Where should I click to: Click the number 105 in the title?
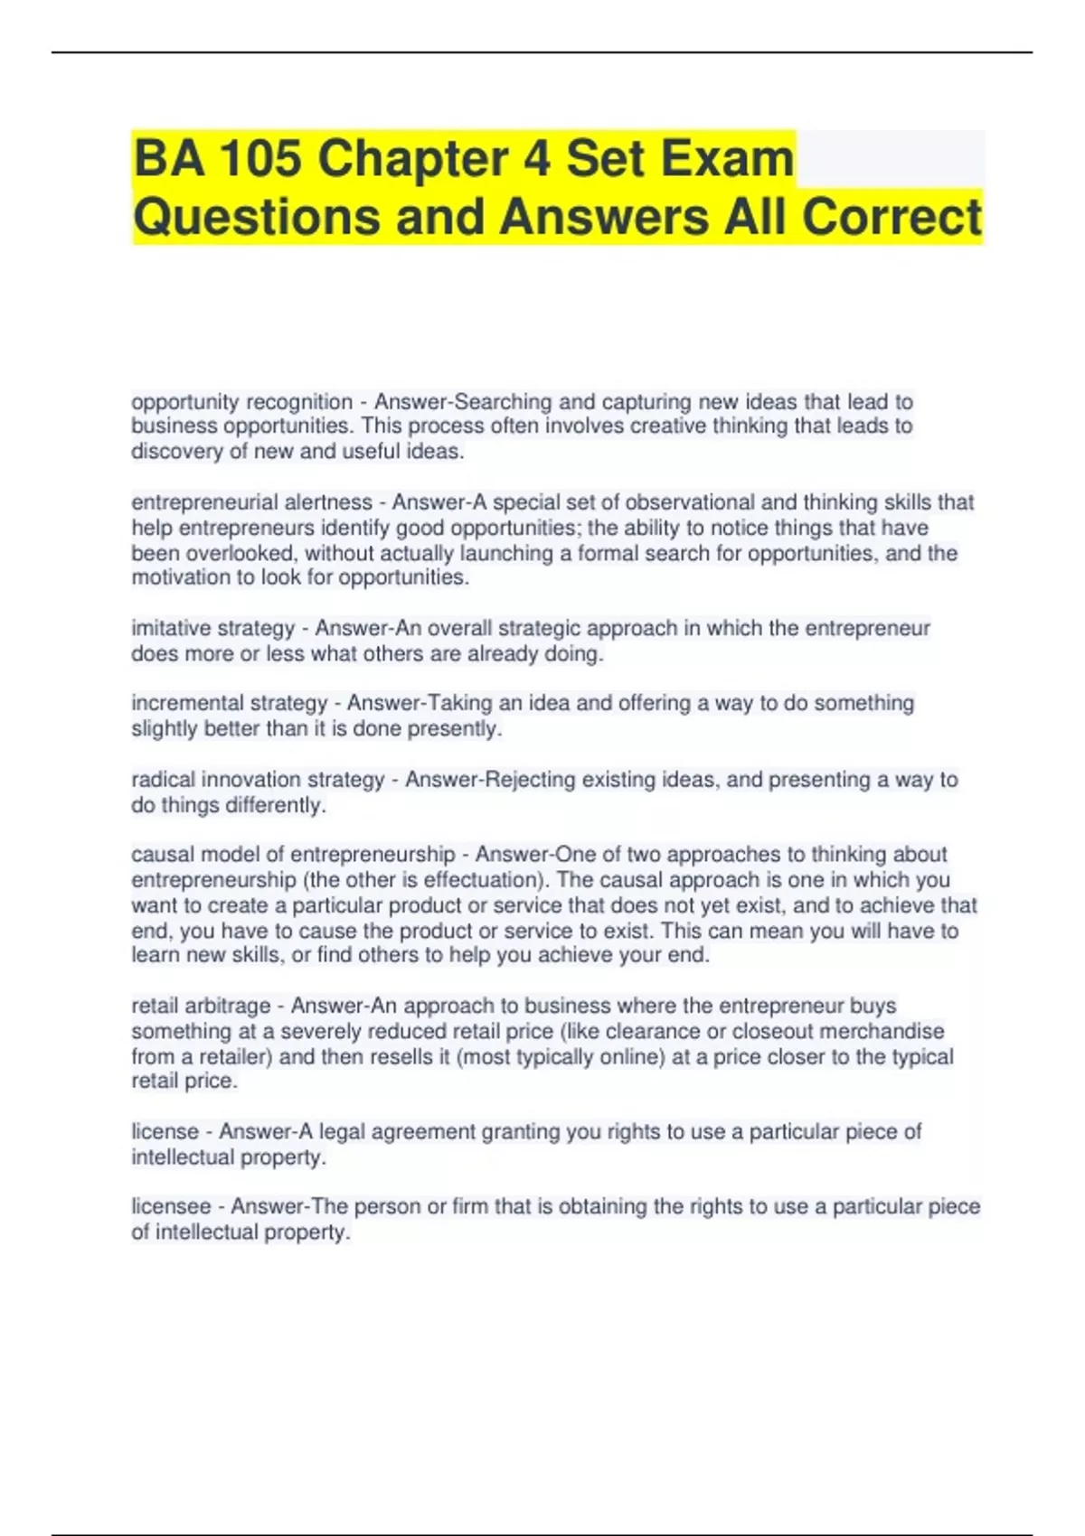(x=260, y=159)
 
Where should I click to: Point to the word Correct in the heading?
(x=892, y=218)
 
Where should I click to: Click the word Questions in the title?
(x=257, y=218)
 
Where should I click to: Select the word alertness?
(x=328, y=502)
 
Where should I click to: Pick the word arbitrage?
(x=228, y=1006)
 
